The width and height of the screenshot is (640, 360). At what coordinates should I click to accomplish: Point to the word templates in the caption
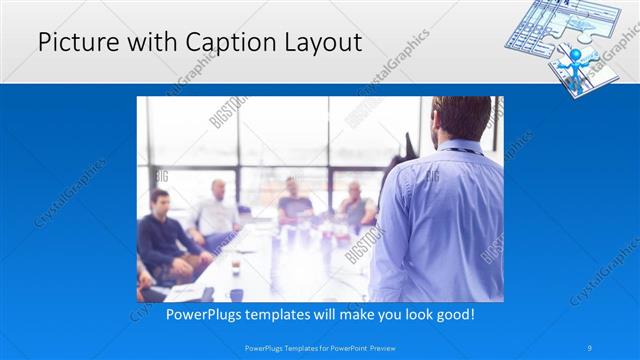click(276, 314)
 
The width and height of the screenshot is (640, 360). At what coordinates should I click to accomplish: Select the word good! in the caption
click(452, 314)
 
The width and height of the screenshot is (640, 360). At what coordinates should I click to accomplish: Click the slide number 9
click(591, 348)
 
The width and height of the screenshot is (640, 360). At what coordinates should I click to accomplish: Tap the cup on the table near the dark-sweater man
click(236, 267)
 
